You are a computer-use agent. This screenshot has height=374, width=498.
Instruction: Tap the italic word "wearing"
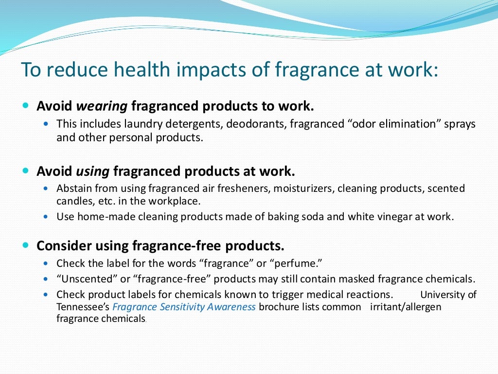[102, 106]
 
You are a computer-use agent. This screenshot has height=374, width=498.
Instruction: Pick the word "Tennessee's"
[83, 307]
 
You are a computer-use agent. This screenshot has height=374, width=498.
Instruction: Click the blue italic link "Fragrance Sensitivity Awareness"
[184, 307]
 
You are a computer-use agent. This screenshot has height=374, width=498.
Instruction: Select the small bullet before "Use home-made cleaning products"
[46, 217]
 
